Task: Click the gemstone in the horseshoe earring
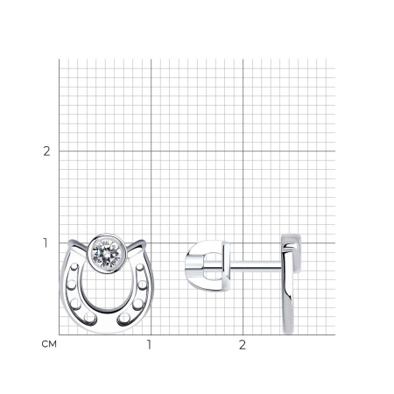107,254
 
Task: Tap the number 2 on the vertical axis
46,151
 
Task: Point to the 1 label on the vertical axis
46,243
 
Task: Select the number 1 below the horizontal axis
150,345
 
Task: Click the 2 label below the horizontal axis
243,345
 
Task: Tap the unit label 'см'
49,344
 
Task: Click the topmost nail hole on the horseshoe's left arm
74,267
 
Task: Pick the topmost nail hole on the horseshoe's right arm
140,267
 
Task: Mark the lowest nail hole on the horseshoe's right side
125,318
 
